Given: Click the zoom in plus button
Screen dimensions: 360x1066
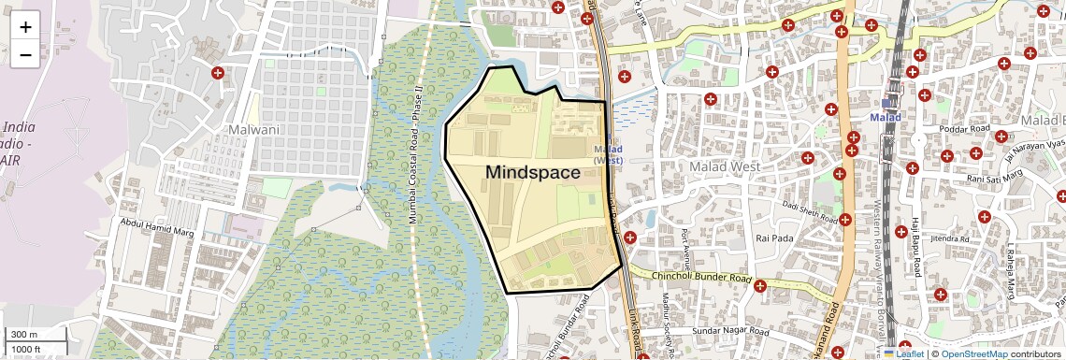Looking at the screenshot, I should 25,27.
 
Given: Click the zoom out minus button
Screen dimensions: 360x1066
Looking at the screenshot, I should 25,55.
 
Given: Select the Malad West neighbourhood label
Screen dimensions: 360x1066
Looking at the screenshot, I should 725,166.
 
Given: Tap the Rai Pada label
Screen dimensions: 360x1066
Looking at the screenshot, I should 774,238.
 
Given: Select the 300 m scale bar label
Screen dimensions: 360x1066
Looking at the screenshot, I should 24,335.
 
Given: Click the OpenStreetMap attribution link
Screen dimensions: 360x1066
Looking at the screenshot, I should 973,353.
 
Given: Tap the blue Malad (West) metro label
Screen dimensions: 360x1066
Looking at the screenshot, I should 608,154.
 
